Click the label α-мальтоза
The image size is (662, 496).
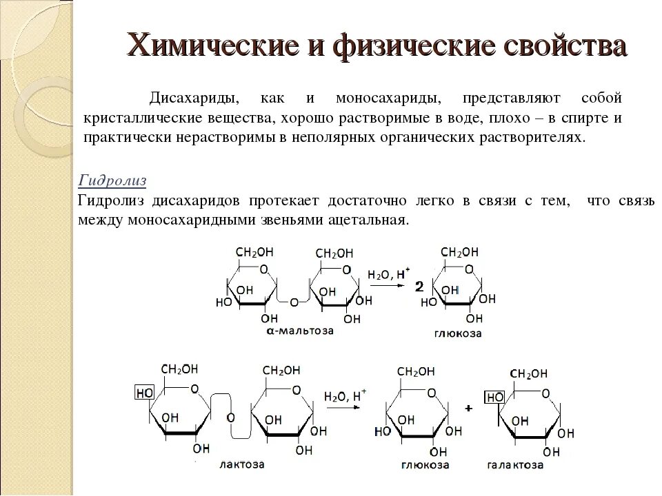click(x=300, y=331)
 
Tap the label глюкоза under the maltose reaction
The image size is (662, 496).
click(x=458, y=333)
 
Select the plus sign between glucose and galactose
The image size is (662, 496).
click(x=469, y=409)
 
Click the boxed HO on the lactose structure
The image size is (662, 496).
click(x=144, y=393)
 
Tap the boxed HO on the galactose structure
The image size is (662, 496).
click(x=494, y=397)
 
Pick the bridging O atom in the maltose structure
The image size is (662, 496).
click(x=294, y=302)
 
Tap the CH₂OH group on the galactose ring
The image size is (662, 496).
click(x=529, y=374)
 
